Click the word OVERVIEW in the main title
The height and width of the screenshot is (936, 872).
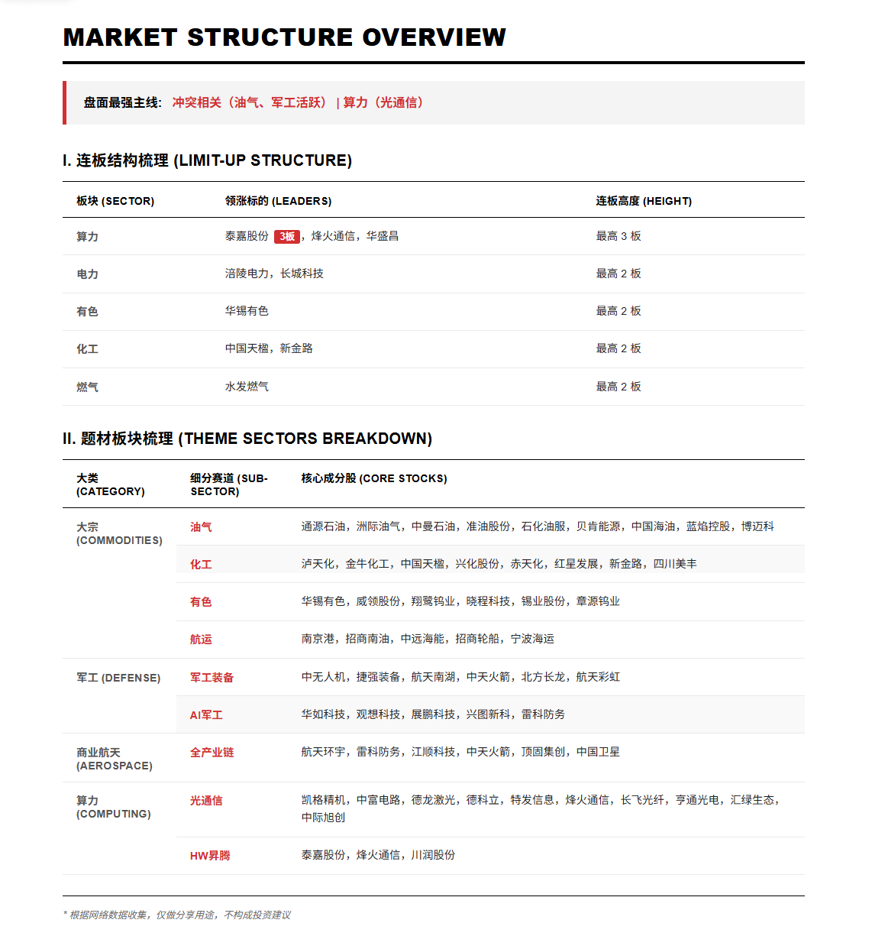tap(434, 37)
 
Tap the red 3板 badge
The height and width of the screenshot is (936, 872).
tap(287, 237)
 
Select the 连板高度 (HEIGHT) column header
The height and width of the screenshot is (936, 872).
tap(644, 201)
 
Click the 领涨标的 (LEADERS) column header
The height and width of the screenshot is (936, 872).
tap(278, 201)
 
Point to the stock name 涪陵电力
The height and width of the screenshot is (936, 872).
tap(247, 274)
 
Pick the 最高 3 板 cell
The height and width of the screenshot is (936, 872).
tap(618, 236)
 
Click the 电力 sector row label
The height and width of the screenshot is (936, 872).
tap(87, 274)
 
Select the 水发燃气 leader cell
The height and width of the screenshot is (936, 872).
tap(247, 387)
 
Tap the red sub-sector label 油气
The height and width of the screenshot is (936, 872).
tap(201, 527)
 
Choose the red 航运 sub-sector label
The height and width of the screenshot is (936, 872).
tap(201, 640)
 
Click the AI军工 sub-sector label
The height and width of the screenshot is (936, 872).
tap(206, 715)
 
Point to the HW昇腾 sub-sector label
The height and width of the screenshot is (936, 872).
tap(210, 856)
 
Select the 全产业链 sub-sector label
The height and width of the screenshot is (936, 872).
tap(212, 753)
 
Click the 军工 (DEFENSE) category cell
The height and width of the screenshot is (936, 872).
tap(118, 678)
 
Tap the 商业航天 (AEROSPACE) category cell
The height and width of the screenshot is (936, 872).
tap(115, 759)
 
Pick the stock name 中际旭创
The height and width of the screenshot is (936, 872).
tap(323, 818)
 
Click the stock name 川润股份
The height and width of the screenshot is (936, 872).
tap(433, 855)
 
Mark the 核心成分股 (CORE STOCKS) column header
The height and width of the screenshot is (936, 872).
tap(374, 478)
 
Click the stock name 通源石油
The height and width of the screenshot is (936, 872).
tap(323, 526)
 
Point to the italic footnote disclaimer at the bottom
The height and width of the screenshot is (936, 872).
tap(177, 915)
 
